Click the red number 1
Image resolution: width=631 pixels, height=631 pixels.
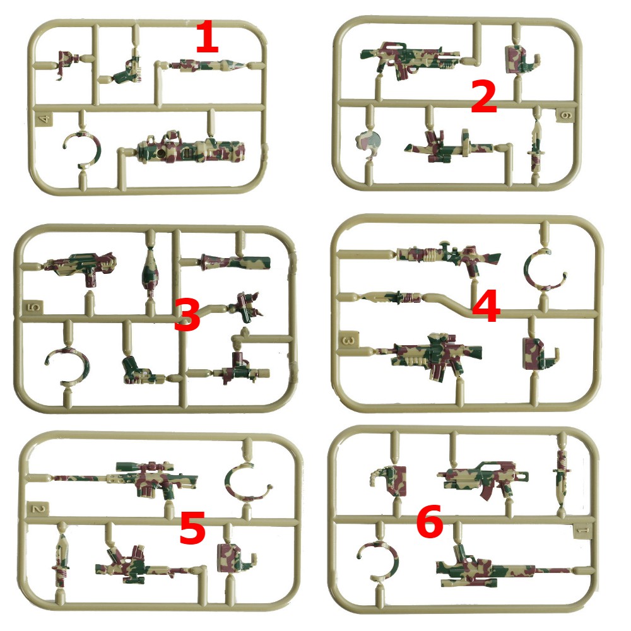coord(207,37)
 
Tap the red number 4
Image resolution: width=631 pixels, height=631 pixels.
coord(486,307)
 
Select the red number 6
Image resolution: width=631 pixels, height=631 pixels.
coord(430,521)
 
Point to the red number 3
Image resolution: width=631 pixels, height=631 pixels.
coord(187,315)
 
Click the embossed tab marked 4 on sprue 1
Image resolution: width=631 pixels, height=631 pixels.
coord(44,119)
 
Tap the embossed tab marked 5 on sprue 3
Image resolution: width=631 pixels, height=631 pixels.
coord(34,308)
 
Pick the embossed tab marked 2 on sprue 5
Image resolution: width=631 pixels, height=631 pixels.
coord(39,509)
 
